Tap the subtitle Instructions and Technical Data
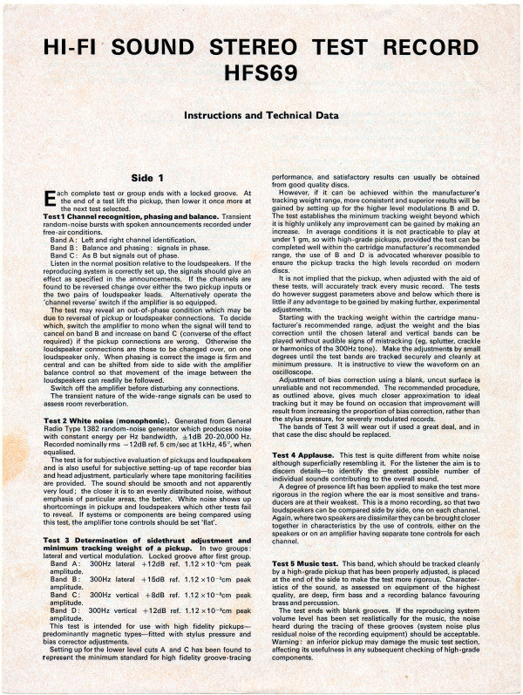point(261,115)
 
